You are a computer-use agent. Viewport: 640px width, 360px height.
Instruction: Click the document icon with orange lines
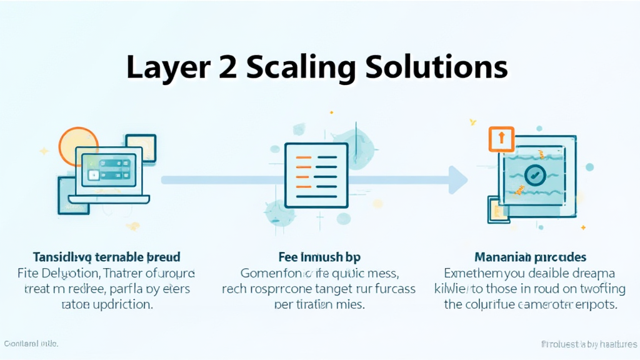click(x=316, y=174)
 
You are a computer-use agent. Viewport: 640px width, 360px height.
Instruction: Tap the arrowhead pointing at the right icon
click(x=457, y=180)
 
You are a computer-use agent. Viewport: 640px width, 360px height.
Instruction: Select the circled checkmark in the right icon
click(x=535, y=176)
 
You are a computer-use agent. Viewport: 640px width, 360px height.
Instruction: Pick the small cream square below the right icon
click(x=497, y=209)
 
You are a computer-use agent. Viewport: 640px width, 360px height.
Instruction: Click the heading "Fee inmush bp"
click(x=319, y=257)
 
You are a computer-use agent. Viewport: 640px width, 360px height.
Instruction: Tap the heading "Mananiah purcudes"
click(x=529, y=257)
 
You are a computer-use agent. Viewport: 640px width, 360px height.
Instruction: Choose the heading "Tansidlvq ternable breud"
click(x=106, y=257)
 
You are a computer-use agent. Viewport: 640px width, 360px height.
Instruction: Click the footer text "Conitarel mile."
click(x=31, y=344)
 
